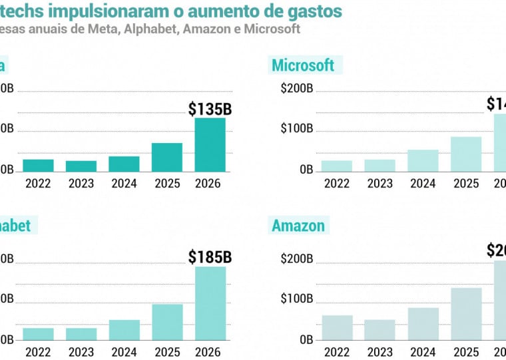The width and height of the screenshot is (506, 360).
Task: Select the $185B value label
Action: (x=210, y=256)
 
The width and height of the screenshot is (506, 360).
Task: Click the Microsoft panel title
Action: (x=303, y=65)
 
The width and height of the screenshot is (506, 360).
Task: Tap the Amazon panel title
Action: (x=298, y=226)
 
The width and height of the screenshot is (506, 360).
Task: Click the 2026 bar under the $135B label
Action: (x=210, y=144)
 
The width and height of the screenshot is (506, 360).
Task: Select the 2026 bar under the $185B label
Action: (x=210, y=303)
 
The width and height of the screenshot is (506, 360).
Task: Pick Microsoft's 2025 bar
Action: (x=466, y=154)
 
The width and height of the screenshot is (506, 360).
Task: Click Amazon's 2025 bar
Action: (x=466, y=313)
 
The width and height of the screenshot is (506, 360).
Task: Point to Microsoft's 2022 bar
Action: (x=337, y=166)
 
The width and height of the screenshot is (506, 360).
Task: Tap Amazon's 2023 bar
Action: (x=380, y=329)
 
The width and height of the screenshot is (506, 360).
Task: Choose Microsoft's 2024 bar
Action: (x=423, y=160)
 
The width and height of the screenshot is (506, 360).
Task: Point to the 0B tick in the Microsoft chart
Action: (x=306, y=170)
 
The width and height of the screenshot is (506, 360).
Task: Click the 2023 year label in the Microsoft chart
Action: (x=380, y=183)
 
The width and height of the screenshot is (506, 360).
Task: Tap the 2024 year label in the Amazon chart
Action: (x=423, y=352)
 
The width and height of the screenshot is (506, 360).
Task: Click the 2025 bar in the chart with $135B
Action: (x=166, y=158)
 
